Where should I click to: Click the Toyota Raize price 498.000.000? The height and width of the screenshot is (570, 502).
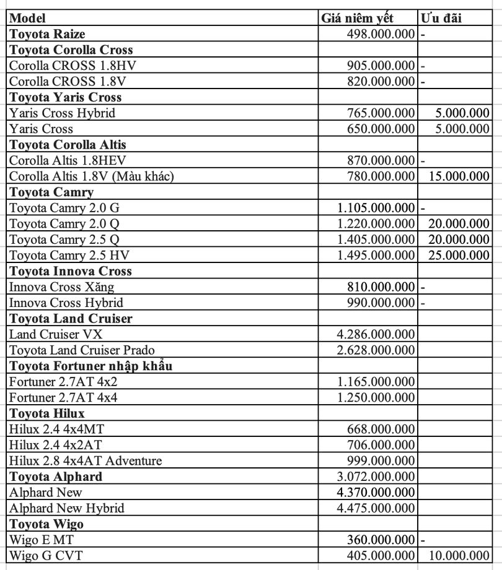[x=380, y=34]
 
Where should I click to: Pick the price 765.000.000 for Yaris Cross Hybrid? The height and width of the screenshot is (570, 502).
[x=380, y=113]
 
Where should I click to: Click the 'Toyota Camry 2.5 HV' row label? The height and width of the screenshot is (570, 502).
[x=69, y=255]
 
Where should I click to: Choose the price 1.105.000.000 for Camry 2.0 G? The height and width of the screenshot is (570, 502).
[x=376, y=208]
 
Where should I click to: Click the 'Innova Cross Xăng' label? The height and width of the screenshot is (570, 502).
[x=61, y=287]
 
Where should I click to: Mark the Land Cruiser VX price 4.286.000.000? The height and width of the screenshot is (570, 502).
[x=376, y=334]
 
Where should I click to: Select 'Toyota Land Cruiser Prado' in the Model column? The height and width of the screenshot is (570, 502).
[x=82, y=350]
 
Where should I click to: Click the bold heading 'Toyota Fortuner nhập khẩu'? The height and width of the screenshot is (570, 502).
[x=91, y=366]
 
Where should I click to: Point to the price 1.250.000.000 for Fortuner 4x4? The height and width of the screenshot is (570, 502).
[x=376, y=397]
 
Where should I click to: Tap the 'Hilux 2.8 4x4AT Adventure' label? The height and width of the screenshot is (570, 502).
[x=86, y=461]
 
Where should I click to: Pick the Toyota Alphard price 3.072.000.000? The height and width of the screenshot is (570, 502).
[x=376, y=477]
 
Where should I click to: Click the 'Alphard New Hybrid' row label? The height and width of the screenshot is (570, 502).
[x=67, y=508]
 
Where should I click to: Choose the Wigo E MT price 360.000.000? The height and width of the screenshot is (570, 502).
[x=380, y=540]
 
